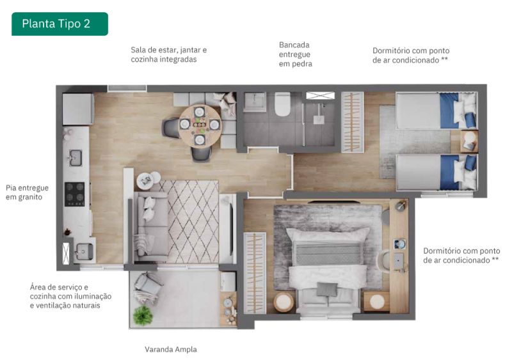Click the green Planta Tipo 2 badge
[x=60, y=24]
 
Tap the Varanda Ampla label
[x=171, y=350]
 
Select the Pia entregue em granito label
[x=27, y=192]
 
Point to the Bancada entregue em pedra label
[x=295, y=54]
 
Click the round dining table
[x=200, y=126]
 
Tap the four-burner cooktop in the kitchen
[x=75, y=194]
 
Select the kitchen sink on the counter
[x=76, y=158]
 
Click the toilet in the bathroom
[x=282, y=104]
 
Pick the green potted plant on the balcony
[x=143, y=315]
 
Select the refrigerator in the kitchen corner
[x=77, y=109]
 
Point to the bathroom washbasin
[x=255, y=101]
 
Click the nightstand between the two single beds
[x=469, y=141]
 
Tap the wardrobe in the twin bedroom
[x=353, y=122]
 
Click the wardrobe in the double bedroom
[x=255, y=273]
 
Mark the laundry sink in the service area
[x=84, y=252]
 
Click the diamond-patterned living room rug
[x=193, y=222]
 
